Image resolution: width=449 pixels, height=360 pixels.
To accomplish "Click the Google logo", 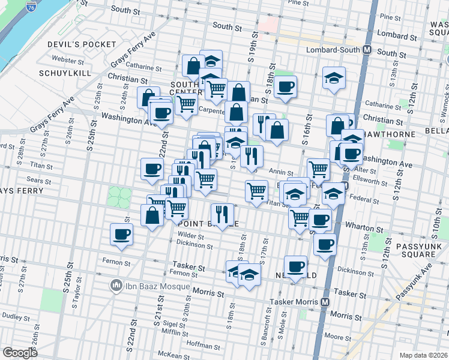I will point(20,353).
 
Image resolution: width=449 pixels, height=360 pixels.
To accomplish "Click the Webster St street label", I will point(67,60).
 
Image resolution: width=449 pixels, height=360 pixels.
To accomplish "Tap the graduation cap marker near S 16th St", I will point(334,78).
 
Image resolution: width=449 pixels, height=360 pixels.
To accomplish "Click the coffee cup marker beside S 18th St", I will point(286,86).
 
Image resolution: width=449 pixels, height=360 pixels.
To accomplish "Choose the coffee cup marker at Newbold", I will point(295,266).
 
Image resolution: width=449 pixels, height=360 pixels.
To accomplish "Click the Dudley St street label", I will point(12,315).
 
